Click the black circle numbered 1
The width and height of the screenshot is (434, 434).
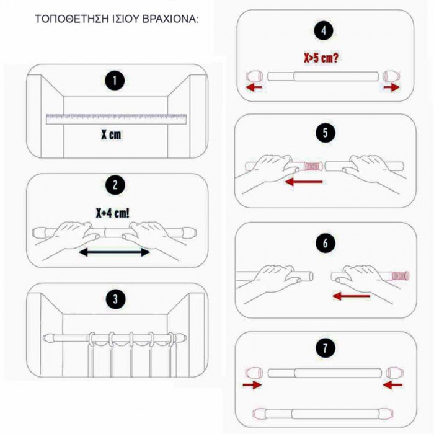coord(115,81)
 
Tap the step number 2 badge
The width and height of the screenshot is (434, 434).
coord(115,185)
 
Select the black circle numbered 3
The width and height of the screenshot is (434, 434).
coord(115,299)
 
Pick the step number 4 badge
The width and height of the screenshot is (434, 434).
coord(324,30)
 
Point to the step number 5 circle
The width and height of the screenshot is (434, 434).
coord(325,133)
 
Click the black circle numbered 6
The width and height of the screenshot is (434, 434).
coord(325,243)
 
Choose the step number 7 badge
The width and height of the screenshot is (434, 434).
coord(325,348)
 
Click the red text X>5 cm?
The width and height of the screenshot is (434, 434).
coord(321,58)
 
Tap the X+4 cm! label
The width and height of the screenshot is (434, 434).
coord(112,213)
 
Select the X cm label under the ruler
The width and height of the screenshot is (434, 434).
coord(111,135)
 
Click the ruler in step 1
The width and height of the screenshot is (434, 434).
coord(117,119)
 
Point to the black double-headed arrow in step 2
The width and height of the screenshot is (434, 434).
coord(114,252)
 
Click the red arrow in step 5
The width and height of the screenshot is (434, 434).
coord(304,182)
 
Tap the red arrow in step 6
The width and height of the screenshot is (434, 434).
coord(352,296)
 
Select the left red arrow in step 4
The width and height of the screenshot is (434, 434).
coord(254,88)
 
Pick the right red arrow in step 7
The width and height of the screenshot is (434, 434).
coord(392,384)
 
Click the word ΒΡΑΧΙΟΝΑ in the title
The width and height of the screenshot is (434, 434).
coord(170,19)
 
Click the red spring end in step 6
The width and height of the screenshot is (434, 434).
coord(401,276)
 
